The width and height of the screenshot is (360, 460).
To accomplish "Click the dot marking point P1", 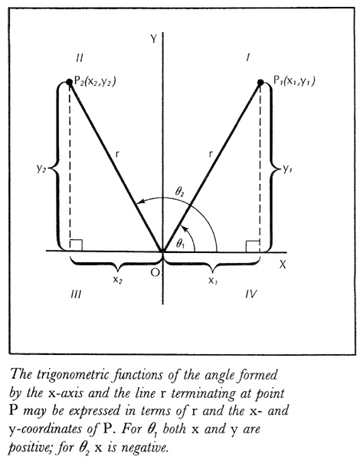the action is pyautogui.click(x=260, y=83).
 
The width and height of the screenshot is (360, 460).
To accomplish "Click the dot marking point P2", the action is pyautogui.click(x=69, y=82).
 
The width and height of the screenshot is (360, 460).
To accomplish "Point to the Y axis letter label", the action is pyautogui.click(x=154, y=39).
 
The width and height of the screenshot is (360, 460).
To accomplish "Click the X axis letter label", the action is pyautogui.click(x=283, y=265).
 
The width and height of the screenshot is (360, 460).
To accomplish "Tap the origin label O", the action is pyautogui.click(x=155, y=273).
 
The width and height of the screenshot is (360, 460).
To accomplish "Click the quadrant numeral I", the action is pyautogui.click(x=248, y=58).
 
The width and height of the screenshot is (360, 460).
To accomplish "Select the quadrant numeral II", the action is pyautogui.click(x=79, y=58).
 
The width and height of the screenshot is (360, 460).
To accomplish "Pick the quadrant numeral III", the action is pyautogui.click(x=77, y=294).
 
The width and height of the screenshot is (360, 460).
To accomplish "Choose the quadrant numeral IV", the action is pyautogui.click(x=251, y=294).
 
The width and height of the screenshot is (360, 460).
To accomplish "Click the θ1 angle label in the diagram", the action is pyautogui.click(x=180, y=244).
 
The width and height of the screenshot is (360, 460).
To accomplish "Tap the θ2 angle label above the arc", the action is pyautogui.click(x=179, y=192).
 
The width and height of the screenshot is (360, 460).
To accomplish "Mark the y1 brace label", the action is pyautogui.click(x=287, y=169).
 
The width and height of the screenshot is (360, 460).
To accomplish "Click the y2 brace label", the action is pyautogui.click(x=41, y=169).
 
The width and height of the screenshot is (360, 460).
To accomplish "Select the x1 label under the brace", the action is pyautogui.click(x=213, y=281).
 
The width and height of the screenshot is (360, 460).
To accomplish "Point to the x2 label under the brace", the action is pyautogui.click(x=117, y=280).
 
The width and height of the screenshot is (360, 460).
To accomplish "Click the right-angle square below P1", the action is pyautogui.click(x=253, y=246).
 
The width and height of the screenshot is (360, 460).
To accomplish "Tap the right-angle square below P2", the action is pyautogui.click(x=76, y=245).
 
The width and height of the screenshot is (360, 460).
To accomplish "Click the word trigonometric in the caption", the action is pyautogui.click(x=74, y=376).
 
